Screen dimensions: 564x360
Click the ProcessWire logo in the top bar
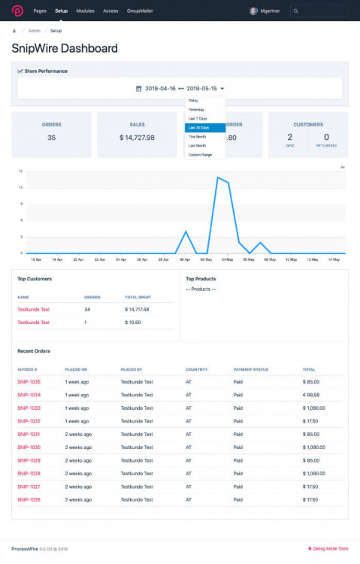17,11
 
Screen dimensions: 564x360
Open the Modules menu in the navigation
85,11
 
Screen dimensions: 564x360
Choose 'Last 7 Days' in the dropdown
198,119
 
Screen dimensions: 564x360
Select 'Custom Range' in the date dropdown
200,155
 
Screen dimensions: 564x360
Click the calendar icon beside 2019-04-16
138,89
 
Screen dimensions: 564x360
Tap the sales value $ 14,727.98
137,138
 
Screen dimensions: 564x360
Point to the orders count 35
51,138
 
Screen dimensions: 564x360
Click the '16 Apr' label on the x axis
36,259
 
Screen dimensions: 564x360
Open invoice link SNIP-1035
29,382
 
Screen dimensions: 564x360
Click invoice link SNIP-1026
29,499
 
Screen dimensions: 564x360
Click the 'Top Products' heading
201,279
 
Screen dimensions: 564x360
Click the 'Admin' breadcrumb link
35,31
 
